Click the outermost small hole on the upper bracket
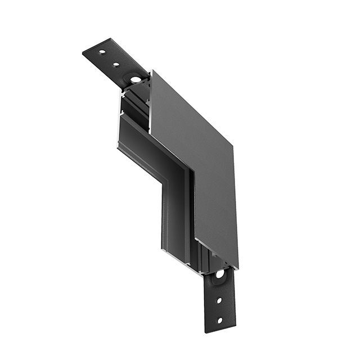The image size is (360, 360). pos(102,52)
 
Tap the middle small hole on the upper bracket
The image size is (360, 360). pos(116,64)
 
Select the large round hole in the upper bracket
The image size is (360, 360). pos(136,79)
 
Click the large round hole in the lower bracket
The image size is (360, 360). pos(219,274)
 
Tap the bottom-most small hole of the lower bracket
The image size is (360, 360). pos(219,321)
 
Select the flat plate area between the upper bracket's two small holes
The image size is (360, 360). pos(109,58)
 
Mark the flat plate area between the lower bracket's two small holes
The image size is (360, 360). pos(219,309)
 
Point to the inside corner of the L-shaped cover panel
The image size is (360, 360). pos(191,170)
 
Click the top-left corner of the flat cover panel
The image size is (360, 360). pos(151,71)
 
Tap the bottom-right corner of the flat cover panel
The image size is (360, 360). pos(237,268)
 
